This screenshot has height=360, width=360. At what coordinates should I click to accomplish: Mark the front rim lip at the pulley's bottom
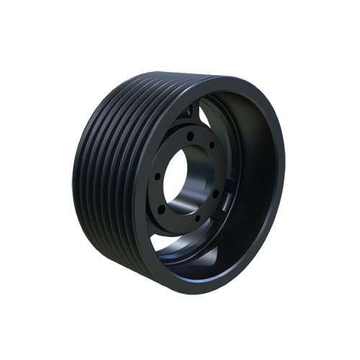point(194,284)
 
